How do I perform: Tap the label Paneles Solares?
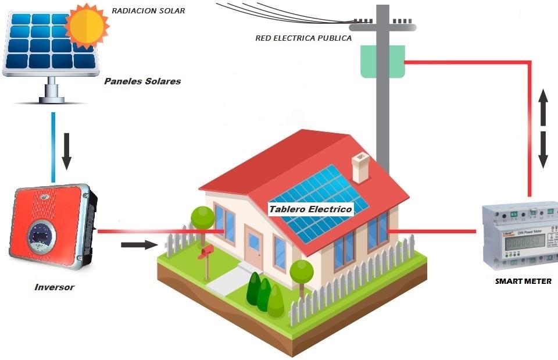pos(142,81)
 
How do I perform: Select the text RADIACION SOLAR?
pos(148,10)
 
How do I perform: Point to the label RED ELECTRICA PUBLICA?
pos(303,38)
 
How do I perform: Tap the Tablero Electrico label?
pos(310,209)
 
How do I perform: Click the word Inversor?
pos(54,287)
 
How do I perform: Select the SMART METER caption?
pos(523,281)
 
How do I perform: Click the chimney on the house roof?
pos(360,167)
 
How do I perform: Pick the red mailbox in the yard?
pos(206,251)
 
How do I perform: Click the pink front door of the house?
pos(254,247)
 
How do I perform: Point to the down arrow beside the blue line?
pos(67,151)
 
